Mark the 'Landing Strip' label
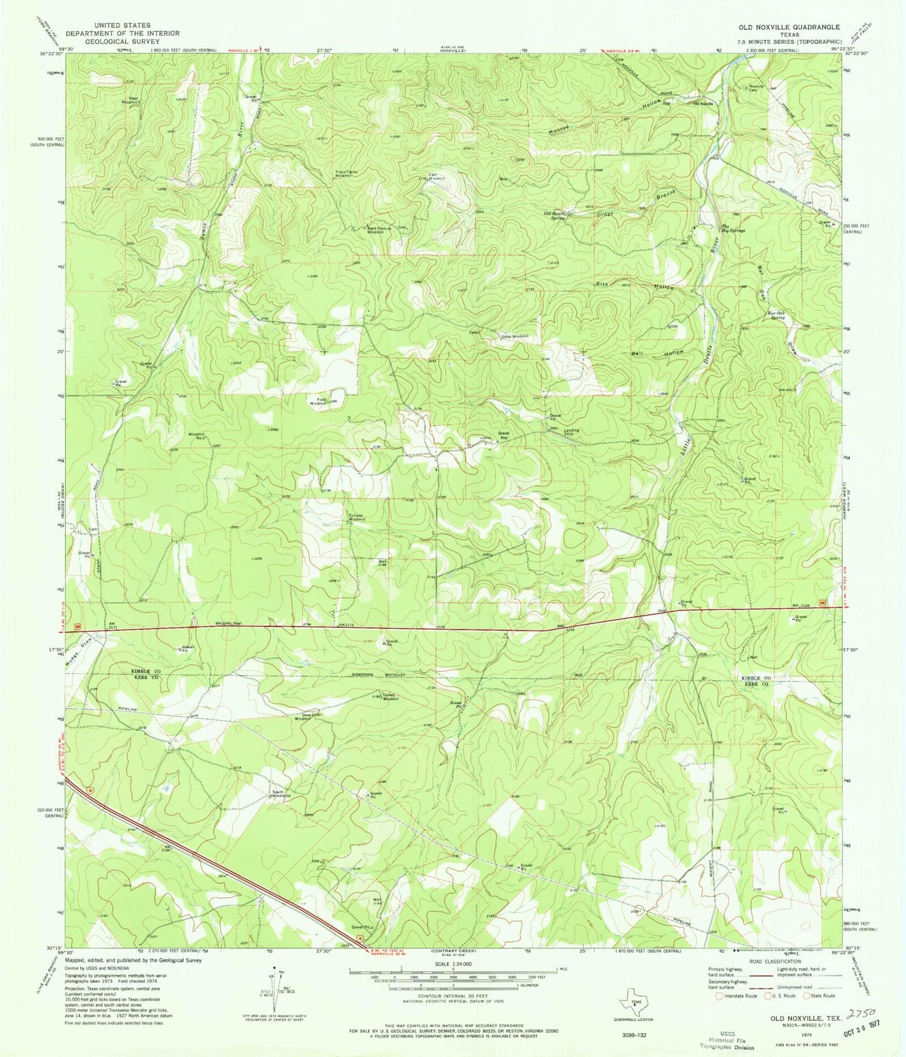coord(571,432)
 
